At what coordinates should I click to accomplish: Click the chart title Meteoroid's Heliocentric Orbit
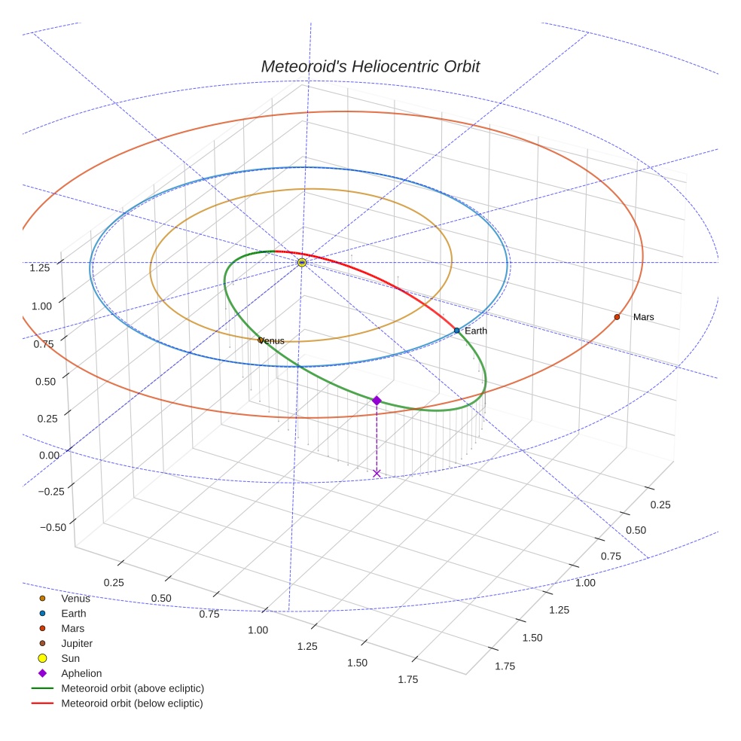tap(370, 66)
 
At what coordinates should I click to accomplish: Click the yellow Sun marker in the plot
tap(302, 262)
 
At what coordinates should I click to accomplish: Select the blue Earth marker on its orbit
tap(457, 331)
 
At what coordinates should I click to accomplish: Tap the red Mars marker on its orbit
tap(617, 317)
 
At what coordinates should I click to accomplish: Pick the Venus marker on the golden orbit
tap(261, 340)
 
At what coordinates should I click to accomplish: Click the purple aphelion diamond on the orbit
tap(377, 401)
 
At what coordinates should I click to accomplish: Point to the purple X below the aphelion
tap(377, 473)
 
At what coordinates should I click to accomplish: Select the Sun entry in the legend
tap(70, 658)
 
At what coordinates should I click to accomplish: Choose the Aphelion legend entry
tap(81, 673)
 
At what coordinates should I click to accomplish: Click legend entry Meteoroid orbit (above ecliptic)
tap(133, 688)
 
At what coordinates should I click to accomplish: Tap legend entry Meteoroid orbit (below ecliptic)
tap(132, 703)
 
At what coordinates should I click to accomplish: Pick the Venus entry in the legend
tap(75, 598)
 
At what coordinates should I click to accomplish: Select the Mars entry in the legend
tap(72, 628)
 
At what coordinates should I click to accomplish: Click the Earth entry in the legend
tap(73, 613)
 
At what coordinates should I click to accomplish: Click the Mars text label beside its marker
tap(644, 317)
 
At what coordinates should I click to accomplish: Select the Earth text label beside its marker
tap(476, 331)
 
